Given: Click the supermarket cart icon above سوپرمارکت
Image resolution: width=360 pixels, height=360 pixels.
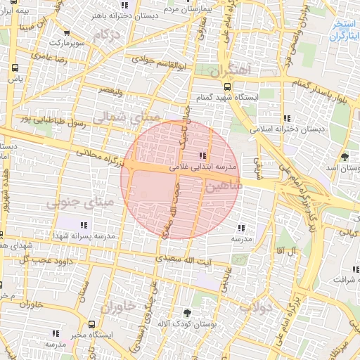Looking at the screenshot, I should [67, 32].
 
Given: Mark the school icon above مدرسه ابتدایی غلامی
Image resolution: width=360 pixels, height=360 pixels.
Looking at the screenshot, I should [203, 155].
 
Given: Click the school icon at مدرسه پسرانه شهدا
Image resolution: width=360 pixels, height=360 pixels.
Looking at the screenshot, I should [84, 226].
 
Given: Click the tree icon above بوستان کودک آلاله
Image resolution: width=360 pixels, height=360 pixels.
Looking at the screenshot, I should [187, 312].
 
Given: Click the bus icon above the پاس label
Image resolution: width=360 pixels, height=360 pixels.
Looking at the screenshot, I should [15, 69].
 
